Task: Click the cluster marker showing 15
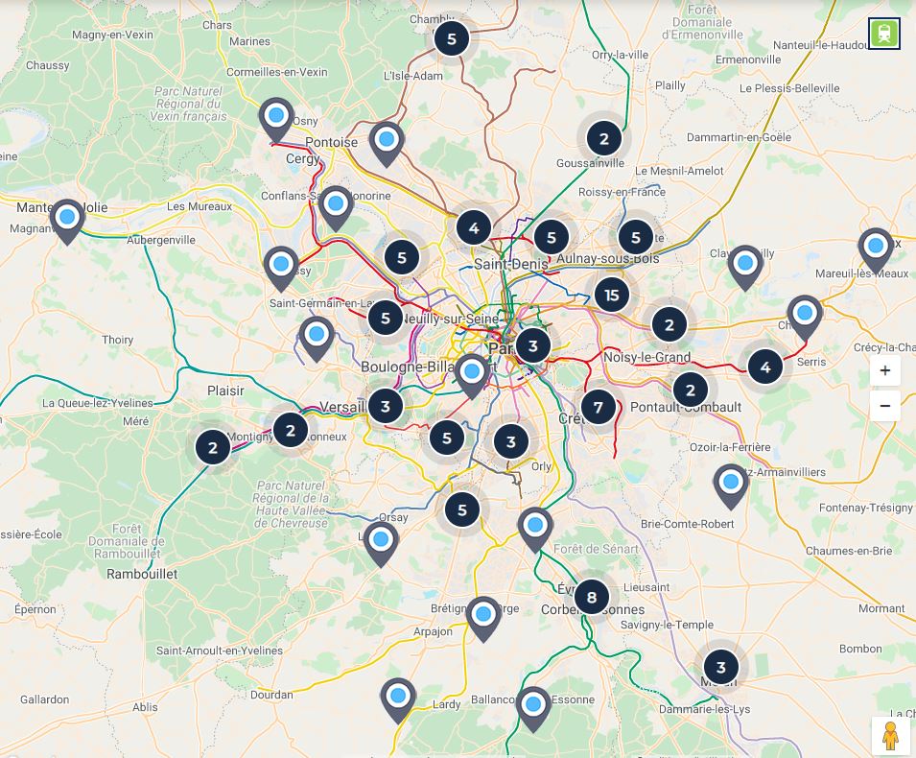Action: click(x=612, y=295)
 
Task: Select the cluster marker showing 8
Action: click(x=592, y=598)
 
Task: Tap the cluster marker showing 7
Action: click(x=599, y=407)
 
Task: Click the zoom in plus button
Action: click(x=884, y=371)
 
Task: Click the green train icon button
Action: click(x=884, y=34)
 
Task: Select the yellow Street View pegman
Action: click(x=890, y=736)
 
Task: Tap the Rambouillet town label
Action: click(x=142, y=574)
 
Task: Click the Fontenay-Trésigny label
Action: click(x=866, y=508)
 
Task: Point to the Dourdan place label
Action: click(x=270, y=695)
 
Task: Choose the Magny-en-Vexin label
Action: click(x=112, y=35)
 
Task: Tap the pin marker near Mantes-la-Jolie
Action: click(x=67, y=218)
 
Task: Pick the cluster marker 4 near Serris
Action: click(x=764, y=367)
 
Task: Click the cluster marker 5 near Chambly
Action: click(x=452, y=38)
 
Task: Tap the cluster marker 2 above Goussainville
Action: click(x=603, y=139)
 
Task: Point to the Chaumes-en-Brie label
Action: click(x=849, y=551)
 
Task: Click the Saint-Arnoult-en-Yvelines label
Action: click(x=220, y=651)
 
